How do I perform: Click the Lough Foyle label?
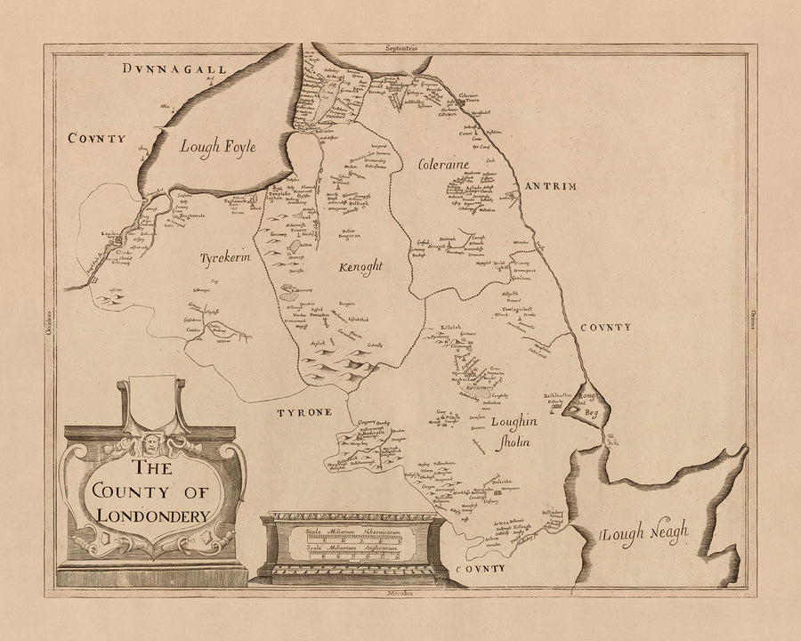[219, 148]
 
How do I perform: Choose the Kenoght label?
[360, 266]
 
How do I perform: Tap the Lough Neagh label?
[643, 533]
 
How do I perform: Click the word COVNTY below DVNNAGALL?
[94, 139]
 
